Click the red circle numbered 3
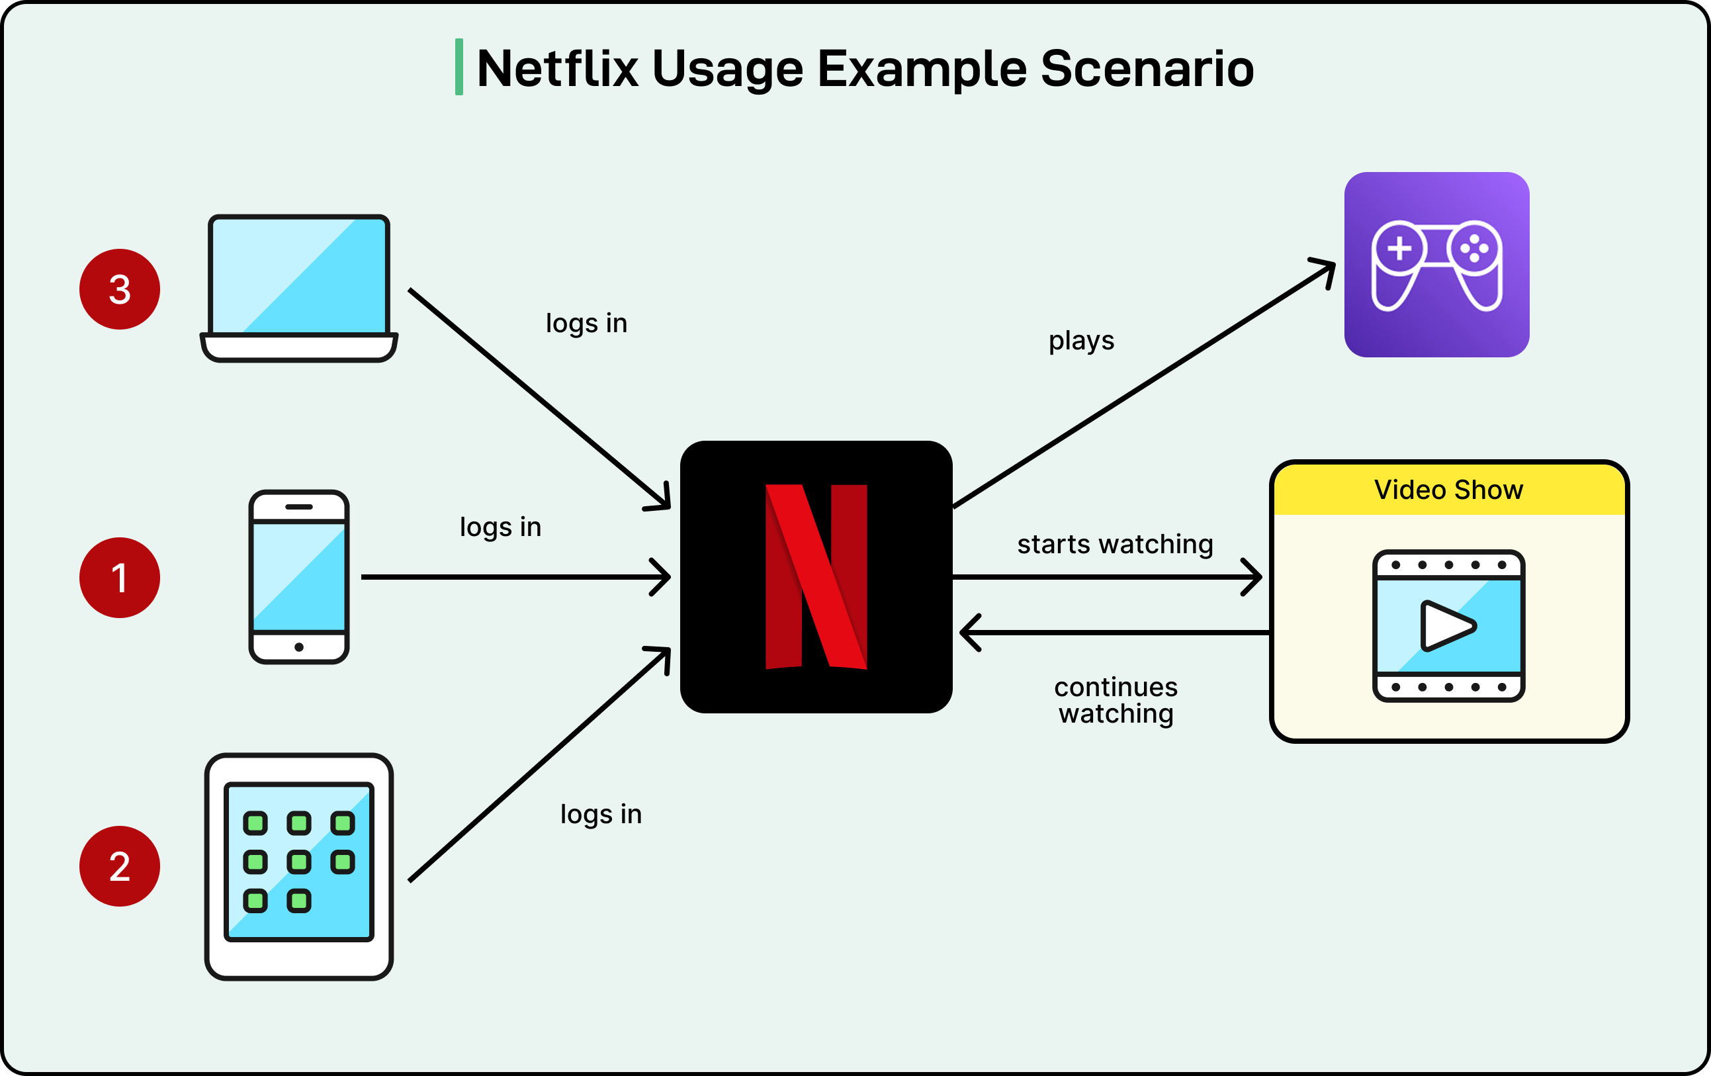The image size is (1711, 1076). (119, 289)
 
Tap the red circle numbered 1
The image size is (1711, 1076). (119, 577)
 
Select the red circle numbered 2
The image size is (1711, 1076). (119, 866)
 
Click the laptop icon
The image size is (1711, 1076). (299, 288)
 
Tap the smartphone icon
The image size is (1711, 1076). (299, 576)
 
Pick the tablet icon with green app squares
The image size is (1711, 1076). (299, 866)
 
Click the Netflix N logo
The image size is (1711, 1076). (816, 576)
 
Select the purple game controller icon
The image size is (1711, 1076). (1436, 265)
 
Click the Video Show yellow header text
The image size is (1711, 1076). (1448, 490)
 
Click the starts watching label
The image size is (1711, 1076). (1115, 544)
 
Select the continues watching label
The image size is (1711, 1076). (1116, 700)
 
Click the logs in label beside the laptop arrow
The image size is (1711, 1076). (586, 323)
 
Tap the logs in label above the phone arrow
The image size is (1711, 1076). (500, 527)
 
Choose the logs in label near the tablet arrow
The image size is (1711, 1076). (600, 814)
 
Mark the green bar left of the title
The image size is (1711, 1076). (459, 67)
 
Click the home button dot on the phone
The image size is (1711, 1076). (299, 647)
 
